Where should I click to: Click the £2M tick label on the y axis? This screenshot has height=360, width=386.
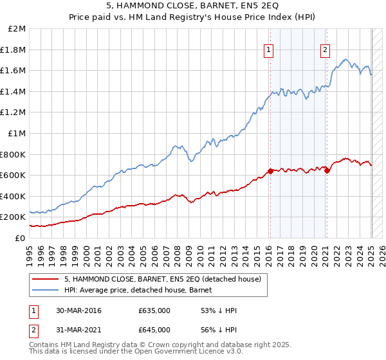point(17,29)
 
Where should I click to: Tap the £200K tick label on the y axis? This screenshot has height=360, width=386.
point(14,217)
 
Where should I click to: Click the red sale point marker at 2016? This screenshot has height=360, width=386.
point(270,171)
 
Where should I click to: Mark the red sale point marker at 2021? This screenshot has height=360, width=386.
point(327,170)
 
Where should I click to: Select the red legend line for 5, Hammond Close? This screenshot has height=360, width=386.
point(46,279)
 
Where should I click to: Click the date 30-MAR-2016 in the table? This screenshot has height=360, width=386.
point(78,311)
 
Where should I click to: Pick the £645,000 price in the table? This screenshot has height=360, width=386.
point(154,330)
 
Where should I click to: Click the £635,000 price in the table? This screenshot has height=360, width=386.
point(154,311)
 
